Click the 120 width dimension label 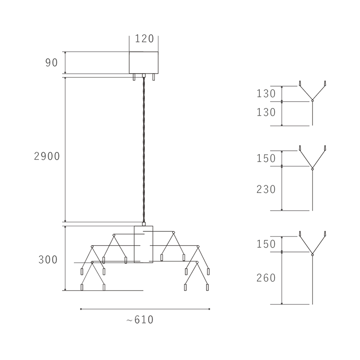(x=144, y=39)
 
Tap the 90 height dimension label (x=51, y=63)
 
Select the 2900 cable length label (x=47, y=156)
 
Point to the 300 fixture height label (x=48, y=260)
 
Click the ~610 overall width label (x=140, y=319)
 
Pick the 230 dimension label (x=266, y=189)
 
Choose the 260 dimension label (x=266, y=278)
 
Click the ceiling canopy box (x=144, y=63)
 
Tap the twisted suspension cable (x=144, y=150)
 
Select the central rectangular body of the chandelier (x=144, y=244)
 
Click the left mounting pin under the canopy (x=134, y=77)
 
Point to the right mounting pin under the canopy (x=153, y=77)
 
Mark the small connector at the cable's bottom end (x=144, y=224)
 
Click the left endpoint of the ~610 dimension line (x=81, y=309)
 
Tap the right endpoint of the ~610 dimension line (x=209, y=309)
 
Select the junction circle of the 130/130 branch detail (x=312, y=100)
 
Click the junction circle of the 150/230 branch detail (x=312, y=169)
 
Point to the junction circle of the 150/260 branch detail (x=312, y=255)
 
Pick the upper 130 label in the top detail (x=266, y=94)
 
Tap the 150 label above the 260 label (x=266, y=244)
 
